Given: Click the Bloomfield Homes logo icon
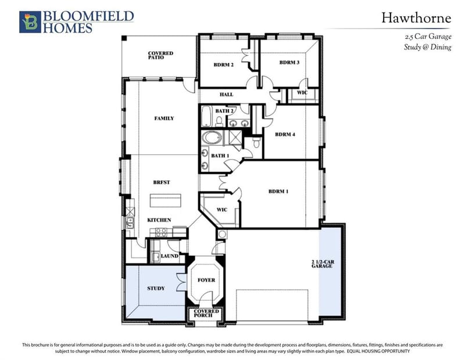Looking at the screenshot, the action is [x=30, y=22].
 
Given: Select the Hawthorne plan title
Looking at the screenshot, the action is [x=416, y=18].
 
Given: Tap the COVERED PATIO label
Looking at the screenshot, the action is [x=160, y=55].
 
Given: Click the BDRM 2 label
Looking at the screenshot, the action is [x=224, y=65].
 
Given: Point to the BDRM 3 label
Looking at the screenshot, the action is [x=289, y=62].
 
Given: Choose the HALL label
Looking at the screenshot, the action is [x=226, y=94].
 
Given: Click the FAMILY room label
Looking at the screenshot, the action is [x=164, y=119].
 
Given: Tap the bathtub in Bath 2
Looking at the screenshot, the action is [x=206, y=116].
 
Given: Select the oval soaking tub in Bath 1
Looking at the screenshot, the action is [x=212, y=138].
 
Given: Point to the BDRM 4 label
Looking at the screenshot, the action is [x=285, y=134].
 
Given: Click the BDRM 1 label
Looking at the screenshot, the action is [x=278, y=191].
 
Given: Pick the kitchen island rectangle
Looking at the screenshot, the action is [x=166, y=201].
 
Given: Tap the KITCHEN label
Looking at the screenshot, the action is [x=159, y=220].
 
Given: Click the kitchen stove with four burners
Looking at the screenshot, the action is [x=162, y=232].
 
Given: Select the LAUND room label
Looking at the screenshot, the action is [x=169, y=256].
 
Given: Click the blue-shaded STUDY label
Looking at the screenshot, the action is [x=156, y=288].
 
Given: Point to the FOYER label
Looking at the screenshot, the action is [x=206, y=280].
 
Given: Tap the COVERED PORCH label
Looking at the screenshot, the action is [x=206, y=313].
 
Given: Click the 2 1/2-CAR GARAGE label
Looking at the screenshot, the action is [x=323, y=264].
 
